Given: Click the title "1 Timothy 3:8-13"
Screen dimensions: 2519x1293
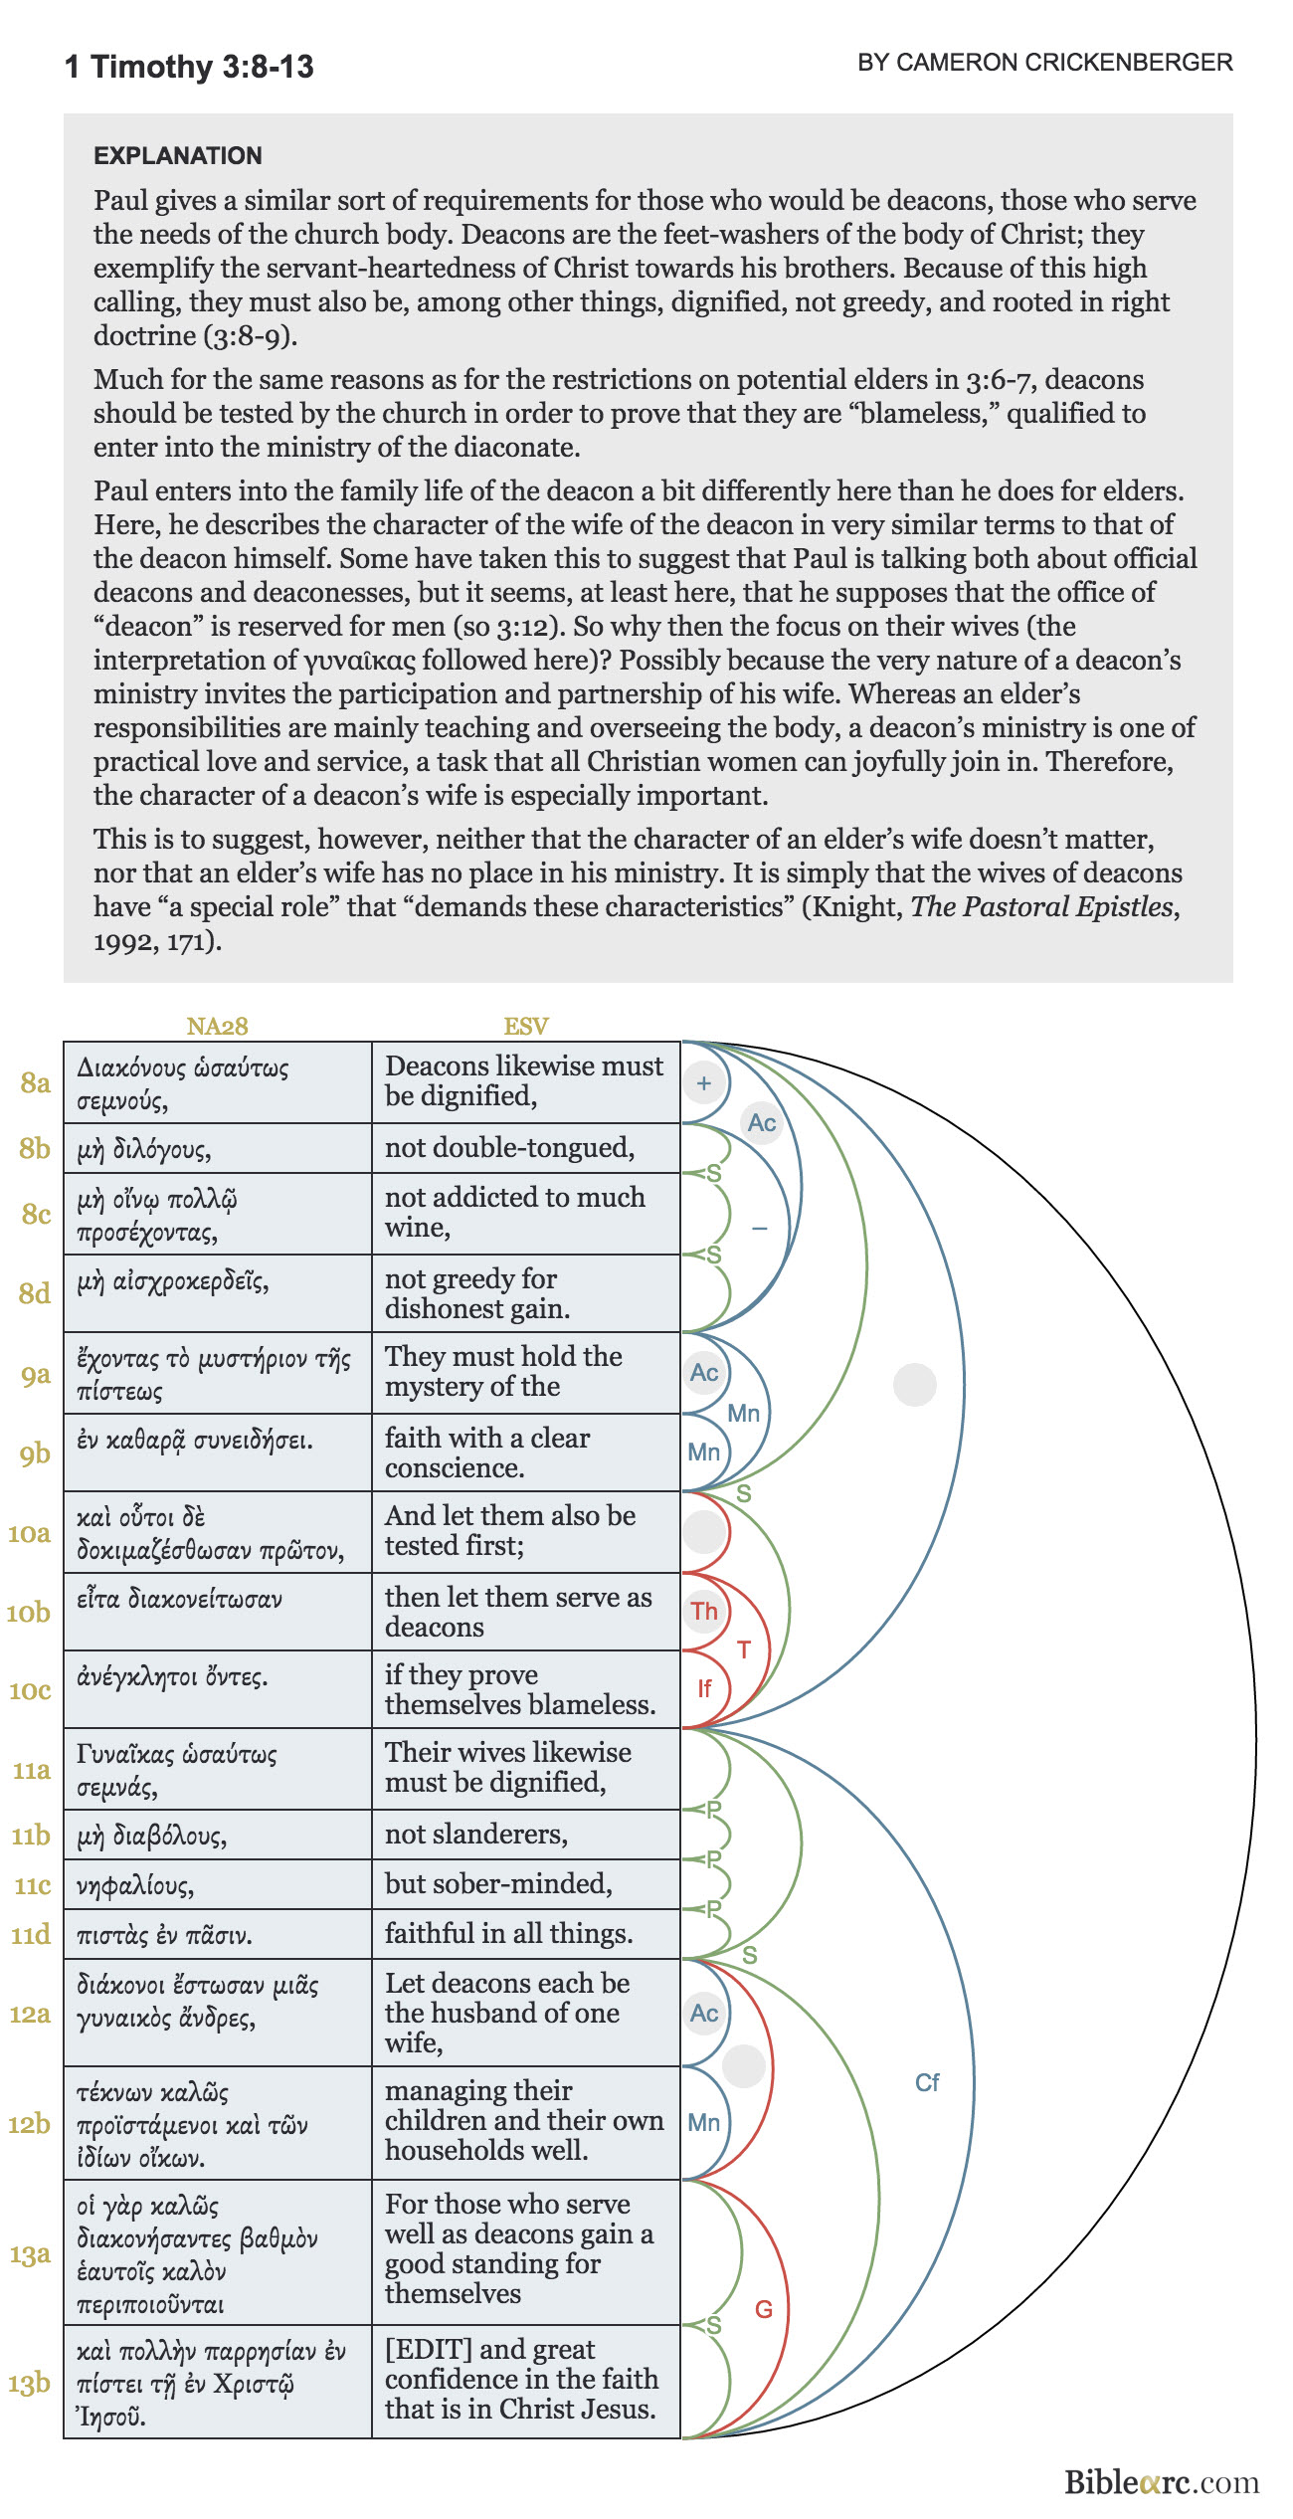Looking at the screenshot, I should click(189, 67).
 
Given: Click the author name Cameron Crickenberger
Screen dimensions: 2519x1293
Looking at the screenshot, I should click(1044, 63).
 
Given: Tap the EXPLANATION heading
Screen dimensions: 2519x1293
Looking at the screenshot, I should click(178, 155).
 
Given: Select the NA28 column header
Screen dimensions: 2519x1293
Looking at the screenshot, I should click(217, 1026).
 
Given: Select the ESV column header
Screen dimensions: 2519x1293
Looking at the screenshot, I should click(526, 1026).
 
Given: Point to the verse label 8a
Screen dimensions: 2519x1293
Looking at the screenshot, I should click(36, 1082).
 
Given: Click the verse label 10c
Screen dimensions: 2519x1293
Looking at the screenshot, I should click(30, 1689).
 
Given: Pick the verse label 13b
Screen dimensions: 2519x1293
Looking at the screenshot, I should click(29, 2384).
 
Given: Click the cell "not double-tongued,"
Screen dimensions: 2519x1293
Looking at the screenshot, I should click(509, 1148).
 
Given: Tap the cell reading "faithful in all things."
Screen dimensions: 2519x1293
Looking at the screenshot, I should click(508, 1933).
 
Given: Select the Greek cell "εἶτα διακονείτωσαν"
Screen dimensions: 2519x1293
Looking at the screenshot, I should click(180, 1599).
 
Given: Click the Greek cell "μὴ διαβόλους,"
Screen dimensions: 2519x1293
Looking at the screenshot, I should click(152, 1835).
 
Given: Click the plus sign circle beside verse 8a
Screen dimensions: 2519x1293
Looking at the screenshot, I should click(704, 1083).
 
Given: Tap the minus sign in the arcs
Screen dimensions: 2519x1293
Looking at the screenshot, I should click(760, 1229).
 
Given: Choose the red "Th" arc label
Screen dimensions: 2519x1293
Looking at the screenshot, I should click(704, 1611).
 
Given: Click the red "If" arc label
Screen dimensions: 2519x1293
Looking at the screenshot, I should click(704, 1688).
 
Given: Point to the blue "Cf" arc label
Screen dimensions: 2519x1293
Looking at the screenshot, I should click(927, 2082).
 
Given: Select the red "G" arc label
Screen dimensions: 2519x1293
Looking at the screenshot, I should click(764, 2309).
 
